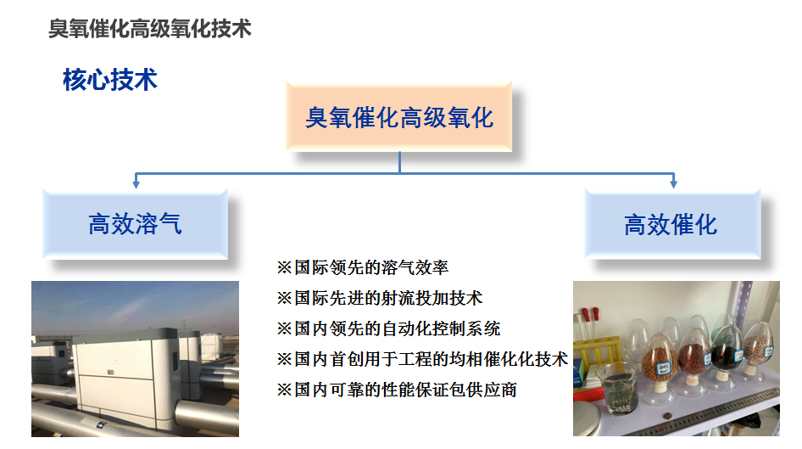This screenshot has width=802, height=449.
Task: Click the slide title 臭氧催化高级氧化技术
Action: pyautogui.click(x=150, y=29)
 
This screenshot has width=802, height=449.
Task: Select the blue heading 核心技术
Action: pyautogui.click(x=110, y=80)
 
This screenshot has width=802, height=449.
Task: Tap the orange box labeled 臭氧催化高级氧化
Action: pyautogui.click(x=399, y=117)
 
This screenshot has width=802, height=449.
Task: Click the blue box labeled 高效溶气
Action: pyautogui.click(x=135, y=224)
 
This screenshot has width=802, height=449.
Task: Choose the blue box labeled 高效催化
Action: pyautogui.click(x=672, y=224)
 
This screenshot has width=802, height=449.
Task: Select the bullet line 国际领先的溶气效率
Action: pyautogui.click(x=363, y=267)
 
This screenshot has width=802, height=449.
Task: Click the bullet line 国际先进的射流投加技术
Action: pyautogui.click(x=380, y=298)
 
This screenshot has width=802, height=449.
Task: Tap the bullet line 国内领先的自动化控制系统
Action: pyautogui.click(x=389, y=328)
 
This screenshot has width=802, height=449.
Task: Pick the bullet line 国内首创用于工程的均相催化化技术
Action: pyautogui.click(x=422, y=359)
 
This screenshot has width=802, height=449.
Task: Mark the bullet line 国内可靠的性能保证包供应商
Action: pyautogui.click(x=397, y=390)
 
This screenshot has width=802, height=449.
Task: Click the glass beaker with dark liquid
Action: pyautogui.click(x=618, y=388)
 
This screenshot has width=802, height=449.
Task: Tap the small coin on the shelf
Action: pyautogui.click(x=666, y=417)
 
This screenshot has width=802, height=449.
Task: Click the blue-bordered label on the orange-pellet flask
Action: pyautogui.click(x=664, y=368)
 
